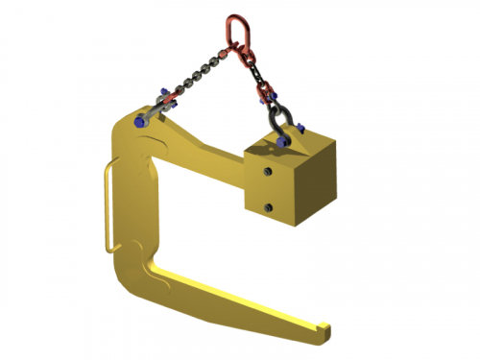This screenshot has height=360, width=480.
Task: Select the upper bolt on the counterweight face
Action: click(x=267, y=172)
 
